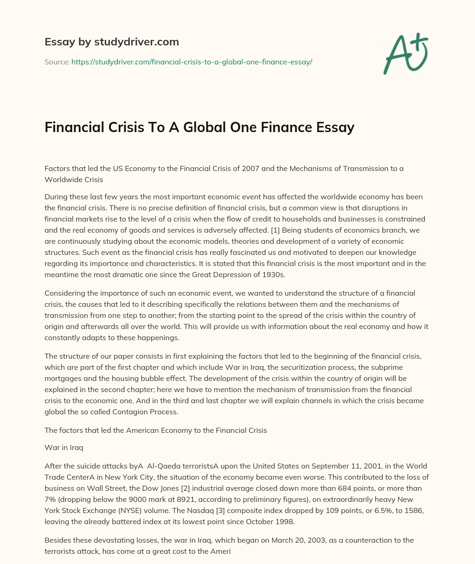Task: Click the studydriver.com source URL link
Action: tap(192, 62)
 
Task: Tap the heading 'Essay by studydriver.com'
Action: tap(112, 42)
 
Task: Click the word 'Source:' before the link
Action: tap(57, 62)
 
